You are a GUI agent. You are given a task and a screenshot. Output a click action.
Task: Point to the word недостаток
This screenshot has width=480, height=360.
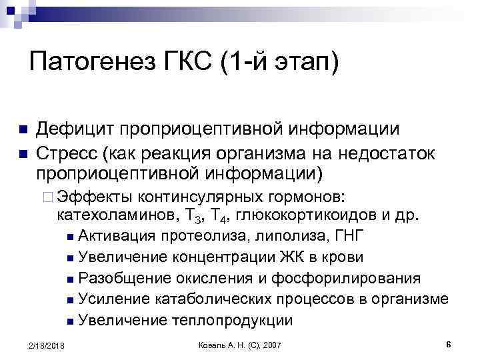pos(389,153)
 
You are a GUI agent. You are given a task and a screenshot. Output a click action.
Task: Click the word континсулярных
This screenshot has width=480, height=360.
pos(189,197)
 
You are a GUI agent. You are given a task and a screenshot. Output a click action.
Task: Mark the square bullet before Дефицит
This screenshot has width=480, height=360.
pos(22,129)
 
